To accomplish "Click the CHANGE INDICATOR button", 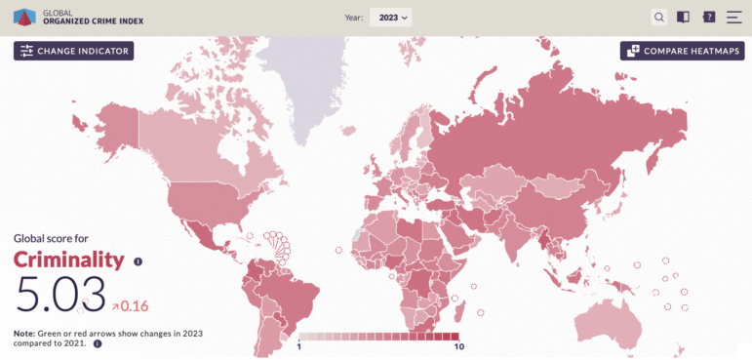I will (x=73, y=51).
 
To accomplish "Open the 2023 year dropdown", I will (x=390, y=17).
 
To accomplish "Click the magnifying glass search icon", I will (x=659, y=17).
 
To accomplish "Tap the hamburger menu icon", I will (x=733, y=17).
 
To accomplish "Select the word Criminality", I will (x=68, y=260).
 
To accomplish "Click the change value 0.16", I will (x=135, y=306).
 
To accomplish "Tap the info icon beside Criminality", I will (x=138, y=261).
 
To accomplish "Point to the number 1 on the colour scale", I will (x=299, y=346).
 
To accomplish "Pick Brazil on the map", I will (x=293, y=298).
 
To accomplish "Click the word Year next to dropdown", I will (x=353, y=18).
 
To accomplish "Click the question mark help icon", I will (x=709, y=17).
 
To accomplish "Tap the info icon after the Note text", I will (x=98, y=343).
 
